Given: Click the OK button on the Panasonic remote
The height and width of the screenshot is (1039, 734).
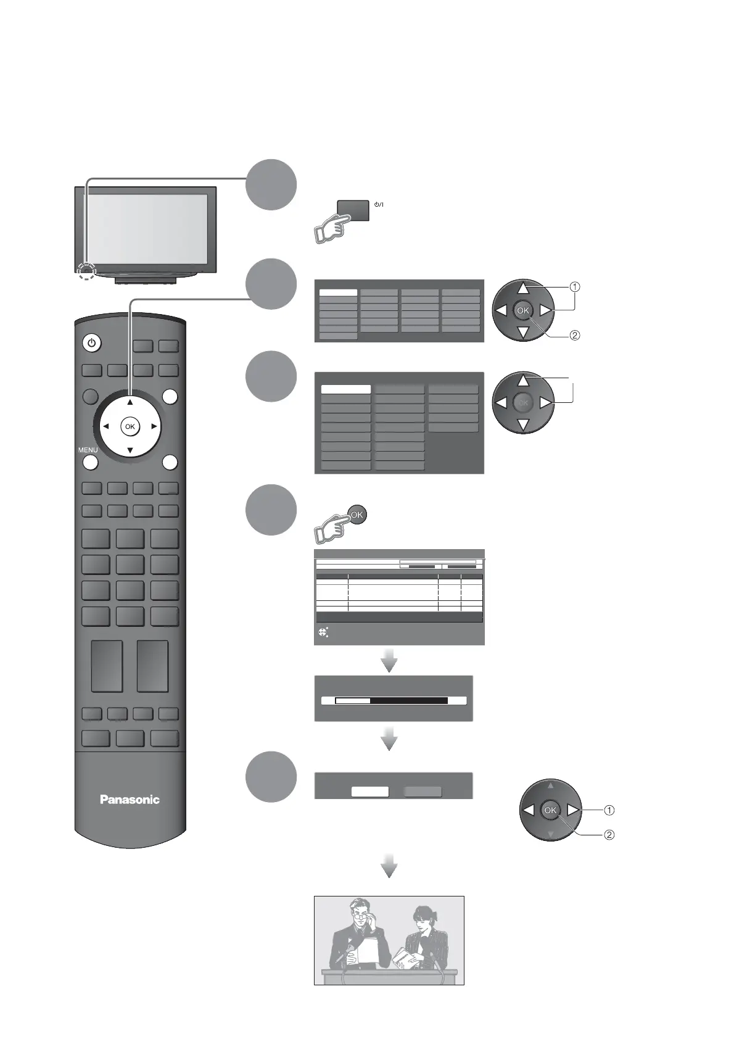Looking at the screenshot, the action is [x=130, y=426].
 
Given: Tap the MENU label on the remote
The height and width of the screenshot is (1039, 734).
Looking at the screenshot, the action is [x=88, y=450].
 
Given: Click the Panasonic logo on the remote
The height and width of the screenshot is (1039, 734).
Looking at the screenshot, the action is [x=130, y=800].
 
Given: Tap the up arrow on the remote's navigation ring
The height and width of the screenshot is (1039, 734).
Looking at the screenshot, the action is [x=130, y=403].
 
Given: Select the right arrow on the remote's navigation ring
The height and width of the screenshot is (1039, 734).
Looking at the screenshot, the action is [x=154, y=426].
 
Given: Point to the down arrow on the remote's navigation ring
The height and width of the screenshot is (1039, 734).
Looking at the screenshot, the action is [x=130, y=450].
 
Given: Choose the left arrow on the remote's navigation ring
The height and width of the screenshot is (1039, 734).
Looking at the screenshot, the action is [x=106, y=426].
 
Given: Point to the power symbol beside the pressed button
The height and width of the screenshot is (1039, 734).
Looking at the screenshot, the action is [x=378, y=204].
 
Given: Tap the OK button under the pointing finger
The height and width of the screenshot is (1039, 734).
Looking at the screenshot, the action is [x=357, y=515].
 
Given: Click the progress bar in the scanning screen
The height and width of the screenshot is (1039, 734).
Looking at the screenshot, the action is [x=391, y=701].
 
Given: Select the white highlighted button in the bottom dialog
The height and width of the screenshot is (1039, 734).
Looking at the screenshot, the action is [x=369, y=792].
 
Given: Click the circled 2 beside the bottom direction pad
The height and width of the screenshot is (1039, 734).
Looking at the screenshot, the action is [x=609, y=835].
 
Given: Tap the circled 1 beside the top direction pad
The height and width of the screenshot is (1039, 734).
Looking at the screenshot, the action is [x=574, y=287].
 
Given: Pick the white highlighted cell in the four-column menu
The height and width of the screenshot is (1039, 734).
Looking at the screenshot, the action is [x=338, y=293].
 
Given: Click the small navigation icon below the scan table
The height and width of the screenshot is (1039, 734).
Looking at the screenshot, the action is [x=323, y=632].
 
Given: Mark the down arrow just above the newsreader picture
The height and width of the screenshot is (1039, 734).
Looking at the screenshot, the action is [x=389, y=867].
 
